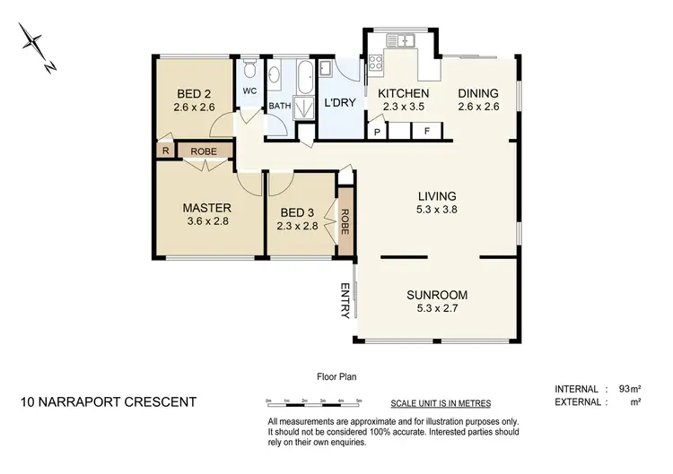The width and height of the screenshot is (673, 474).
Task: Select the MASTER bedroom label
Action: pyautogui.click(x=206, y=207)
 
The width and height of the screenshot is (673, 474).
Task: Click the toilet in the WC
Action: pyautogui.click(x=249, y=70)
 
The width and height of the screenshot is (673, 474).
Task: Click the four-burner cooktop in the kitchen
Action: pyautogui.click(x=375, y=63)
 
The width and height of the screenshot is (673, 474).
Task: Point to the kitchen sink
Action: pyautogui.click(x=401, y=39)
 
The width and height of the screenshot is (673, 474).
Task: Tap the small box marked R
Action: pyautogui.click(x=164, y=151)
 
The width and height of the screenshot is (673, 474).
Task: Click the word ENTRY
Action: pyautogui.click(x=344, y=300)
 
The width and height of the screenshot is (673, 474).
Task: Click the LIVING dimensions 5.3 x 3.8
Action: pyautogui.click(x=436, y=211)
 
